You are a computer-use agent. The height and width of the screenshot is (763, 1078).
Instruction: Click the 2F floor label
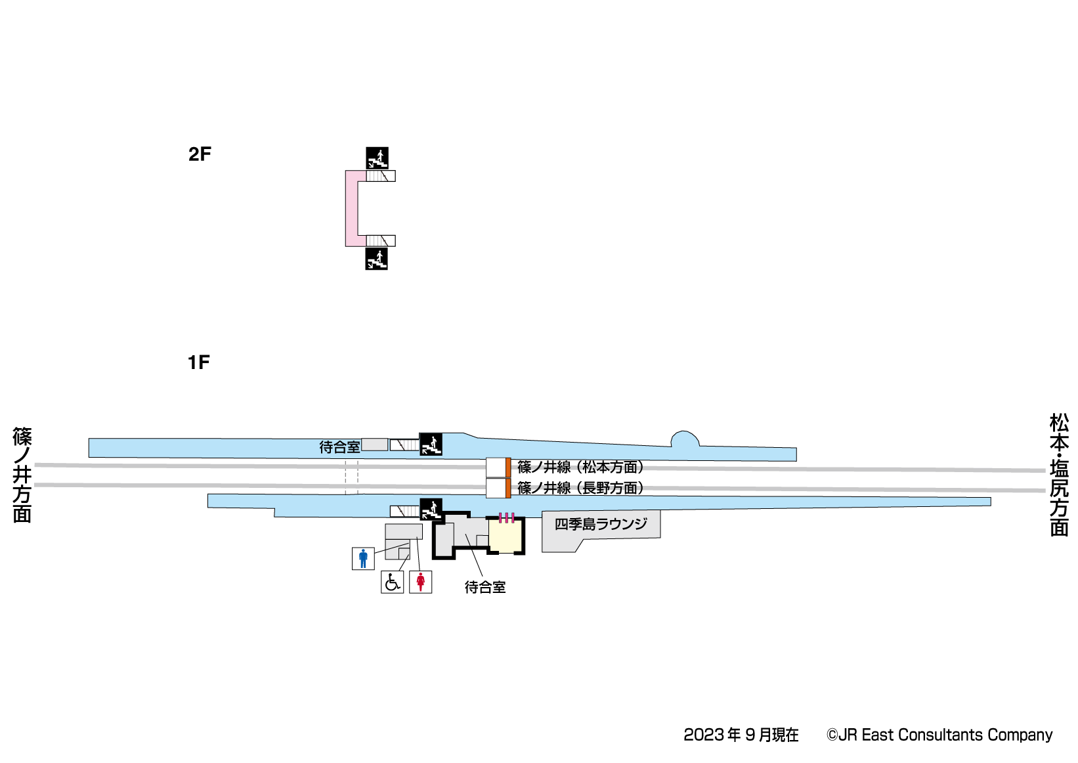pyautogui.click(x=200, y=154)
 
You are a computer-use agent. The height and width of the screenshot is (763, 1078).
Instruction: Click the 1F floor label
pyautogui.click(x=199, y=362)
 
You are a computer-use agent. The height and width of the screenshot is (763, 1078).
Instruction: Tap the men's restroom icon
pyautogui.click(x=363, y=558)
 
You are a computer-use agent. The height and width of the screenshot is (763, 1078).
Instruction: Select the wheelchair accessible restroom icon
pyautogui.click(x=392, y=582)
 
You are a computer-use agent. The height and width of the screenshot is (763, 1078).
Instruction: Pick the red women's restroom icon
pyautogui.click(x=420, y=582)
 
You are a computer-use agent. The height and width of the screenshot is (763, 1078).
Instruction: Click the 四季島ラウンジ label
pyautogui.click(x=601, y=524)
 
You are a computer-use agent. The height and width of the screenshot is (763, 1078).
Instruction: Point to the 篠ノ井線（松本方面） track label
pyautogui.click(x=580, y=467)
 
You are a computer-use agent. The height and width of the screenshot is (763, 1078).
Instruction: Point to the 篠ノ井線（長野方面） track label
pyautogui.click(x=580, y=488)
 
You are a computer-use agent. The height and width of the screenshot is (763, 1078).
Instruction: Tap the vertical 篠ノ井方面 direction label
pyautogui.click(x=22, y=475)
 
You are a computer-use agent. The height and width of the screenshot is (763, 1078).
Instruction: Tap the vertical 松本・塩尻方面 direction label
pyautogui.click(x=1058, y=474)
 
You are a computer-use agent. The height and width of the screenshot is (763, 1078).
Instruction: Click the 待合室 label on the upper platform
pyautogui.click(x=339, y=447)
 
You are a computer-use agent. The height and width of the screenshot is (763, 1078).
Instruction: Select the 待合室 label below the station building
pyautogui.click(x=485, y=587)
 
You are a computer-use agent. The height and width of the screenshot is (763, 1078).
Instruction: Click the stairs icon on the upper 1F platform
pyautogui.click(x=431, y=445)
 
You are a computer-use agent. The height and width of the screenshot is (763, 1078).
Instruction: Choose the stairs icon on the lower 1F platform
pyautogui.click(x=431, y=509)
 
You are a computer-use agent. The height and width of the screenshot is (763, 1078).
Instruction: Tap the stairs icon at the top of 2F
pyautogui.click(x=377, y=158)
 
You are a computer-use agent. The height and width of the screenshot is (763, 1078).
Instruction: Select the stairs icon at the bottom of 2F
pyautogui.click(x=376, y=259)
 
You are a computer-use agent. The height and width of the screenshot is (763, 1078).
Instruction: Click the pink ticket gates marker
pyautogui.click(x=506, y=518)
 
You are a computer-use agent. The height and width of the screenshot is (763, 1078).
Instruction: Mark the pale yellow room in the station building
pyautogui.click(x=506, y=536)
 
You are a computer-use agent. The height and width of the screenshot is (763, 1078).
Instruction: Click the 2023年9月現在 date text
pyautogui.click(x=741, y=735)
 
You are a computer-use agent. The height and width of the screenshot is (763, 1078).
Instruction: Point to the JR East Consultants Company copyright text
pyautogui.click(x=939, y=735)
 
